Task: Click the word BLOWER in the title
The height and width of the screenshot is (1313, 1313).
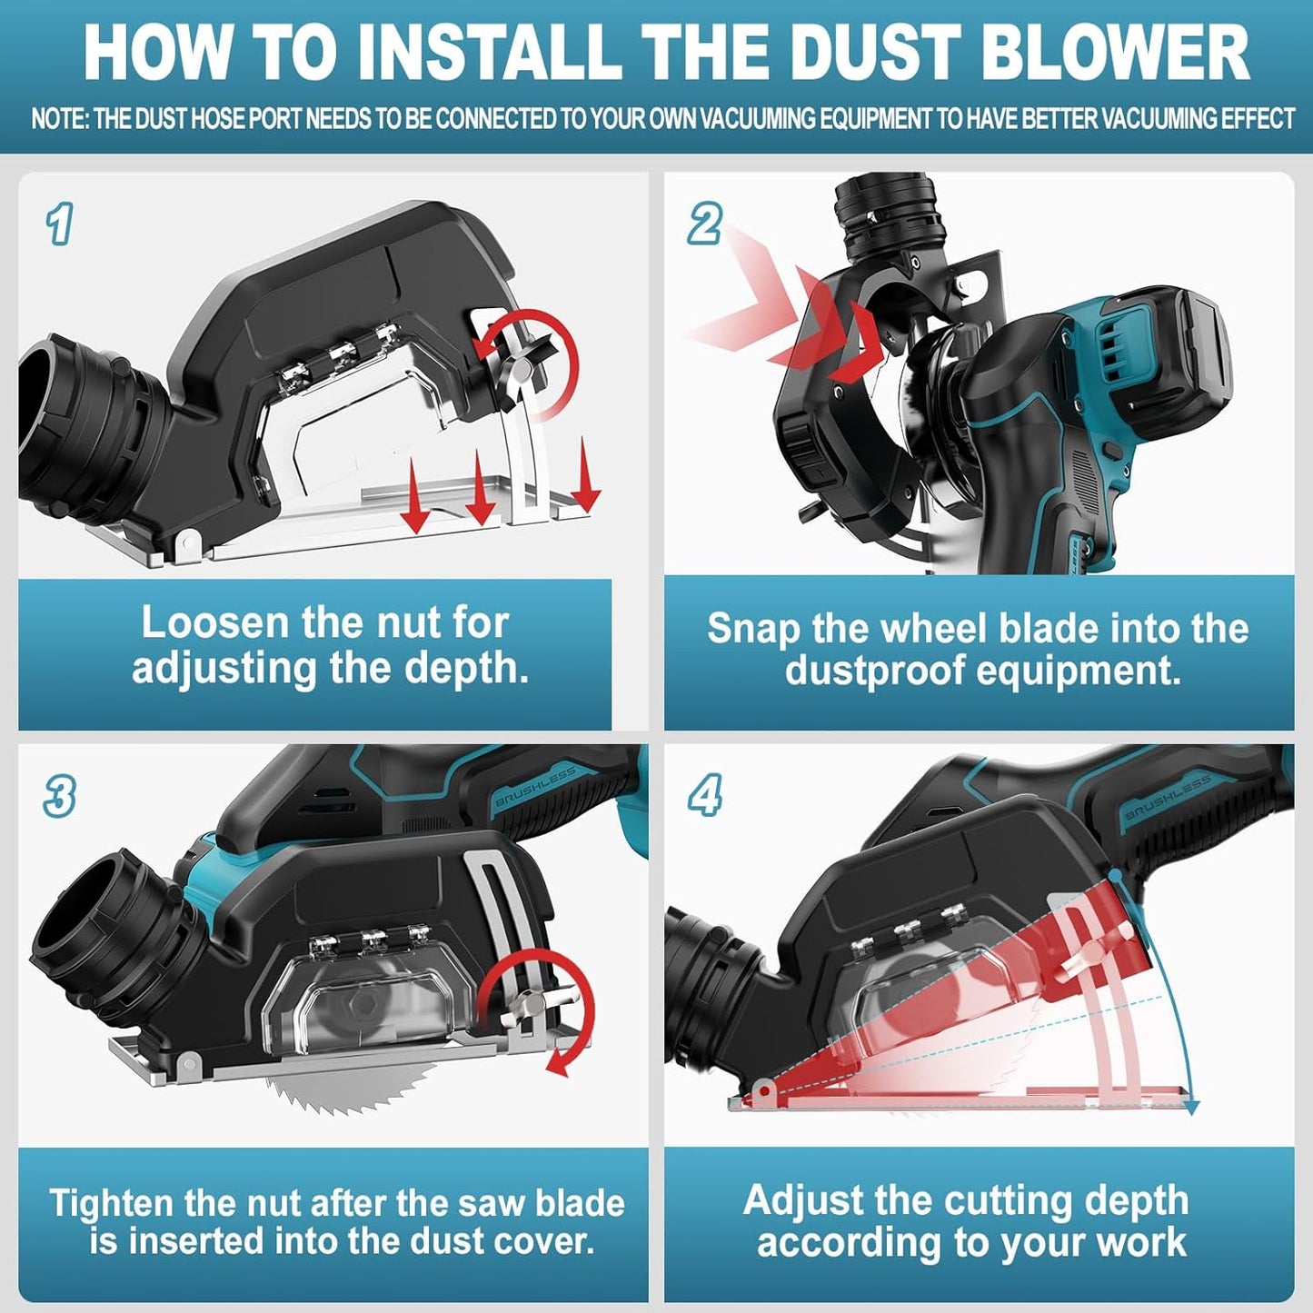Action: (x=1116, y=53)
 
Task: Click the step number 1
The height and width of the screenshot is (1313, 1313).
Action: (x=59, y=224)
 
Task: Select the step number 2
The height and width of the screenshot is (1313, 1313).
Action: (x=705, y=224)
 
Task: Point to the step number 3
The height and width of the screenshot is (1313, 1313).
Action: (x=60, y=797)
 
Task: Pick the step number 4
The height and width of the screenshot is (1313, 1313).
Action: (x=705, y=796)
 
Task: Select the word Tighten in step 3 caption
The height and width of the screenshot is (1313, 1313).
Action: (x=111, y=1203)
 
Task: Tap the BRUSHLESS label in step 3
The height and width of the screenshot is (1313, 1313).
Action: (x=536, y=787)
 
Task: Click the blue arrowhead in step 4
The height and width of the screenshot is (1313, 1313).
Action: (x=1191, y=1107)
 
